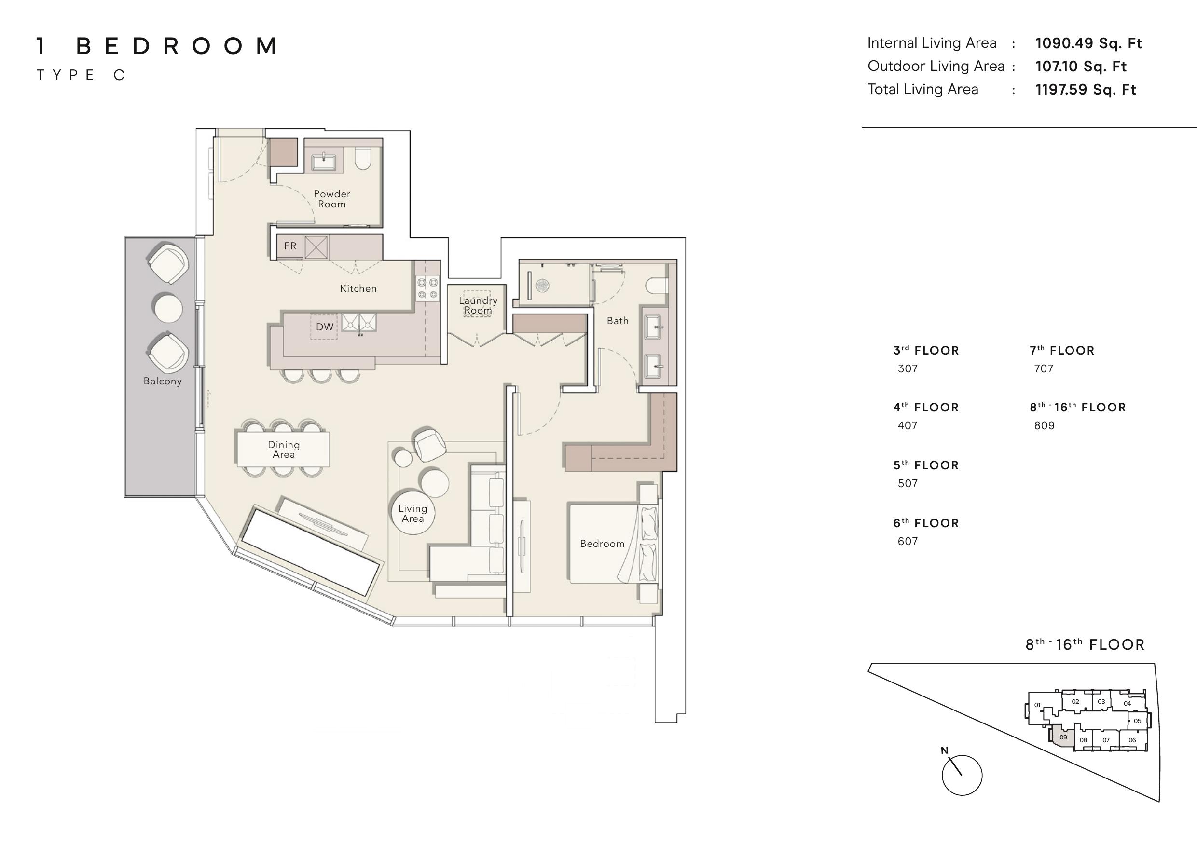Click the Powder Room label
(332, 199)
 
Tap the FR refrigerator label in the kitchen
(290, 246)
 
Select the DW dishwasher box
(324, 327)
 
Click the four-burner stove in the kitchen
(427, 288)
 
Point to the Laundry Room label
(478, 305)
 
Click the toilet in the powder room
(362, 158)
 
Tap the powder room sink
(324, 162)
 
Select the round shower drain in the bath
(543, 285)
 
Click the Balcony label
(163, 381)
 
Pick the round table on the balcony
(168, 309)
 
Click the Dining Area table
(283, 449)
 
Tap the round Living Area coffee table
(413, 514)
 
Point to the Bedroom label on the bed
(602, 544)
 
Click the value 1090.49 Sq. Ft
(1088, 43)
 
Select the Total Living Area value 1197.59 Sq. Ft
(1086, 90)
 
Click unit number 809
(1044, 425)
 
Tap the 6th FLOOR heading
(926, 523)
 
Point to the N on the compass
(944, 750)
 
